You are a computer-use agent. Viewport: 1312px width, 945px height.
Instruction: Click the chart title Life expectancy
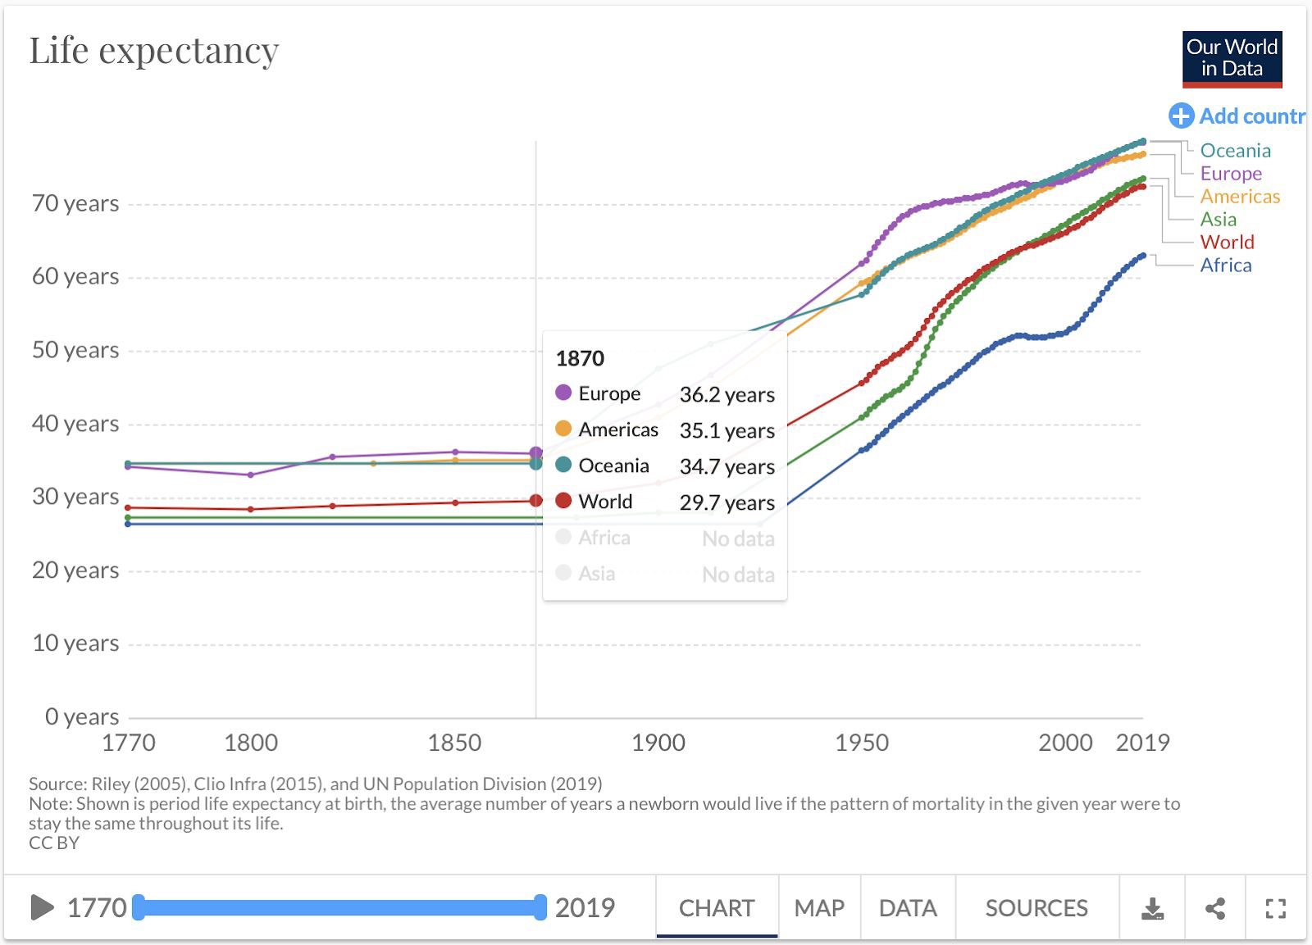pyautogui.click(x=154, y=51)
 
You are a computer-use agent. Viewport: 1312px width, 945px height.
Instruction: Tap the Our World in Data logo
pyautogui.click(x=1232, y=59)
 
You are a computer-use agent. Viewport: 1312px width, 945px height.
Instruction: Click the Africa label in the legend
pyautogui.click(x=1226, y=265)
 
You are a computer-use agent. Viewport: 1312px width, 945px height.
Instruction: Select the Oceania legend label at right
pyautogui.click(x=1235, y=150)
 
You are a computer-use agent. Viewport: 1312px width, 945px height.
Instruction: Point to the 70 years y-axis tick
pyautogui.click(x=75, y=203)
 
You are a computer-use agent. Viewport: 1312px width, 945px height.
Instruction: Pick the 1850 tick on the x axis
pyautogui.click(x=454, y=743)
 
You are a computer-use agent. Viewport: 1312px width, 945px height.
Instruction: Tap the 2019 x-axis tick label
pyautogui.click(x=1142, y=743)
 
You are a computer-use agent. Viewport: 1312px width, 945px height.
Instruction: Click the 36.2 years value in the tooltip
pyautogui.click(x=727, y=394)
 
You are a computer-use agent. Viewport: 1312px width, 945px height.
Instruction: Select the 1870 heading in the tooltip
pyautogui.click(x=580, y=358)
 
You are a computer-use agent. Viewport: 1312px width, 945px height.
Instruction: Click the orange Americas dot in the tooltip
pyautogui.click(x=563, y=429)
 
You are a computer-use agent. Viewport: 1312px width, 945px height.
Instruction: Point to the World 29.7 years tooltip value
pyautogui.click(x=727, y=502)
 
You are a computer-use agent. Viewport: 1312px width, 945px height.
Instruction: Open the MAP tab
pyautogui.click(x=819, y=907)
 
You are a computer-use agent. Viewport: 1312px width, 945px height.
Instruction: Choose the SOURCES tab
pyautogui.click(x=1036, y=907)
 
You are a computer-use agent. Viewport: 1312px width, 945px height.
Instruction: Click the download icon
pyautogui.click(x=1152, y=908)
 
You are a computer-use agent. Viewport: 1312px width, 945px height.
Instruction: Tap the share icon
pyautogui.click(x=1215, y=908)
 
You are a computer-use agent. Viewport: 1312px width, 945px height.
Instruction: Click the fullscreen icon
pyautogui.click(x=1275, y=908)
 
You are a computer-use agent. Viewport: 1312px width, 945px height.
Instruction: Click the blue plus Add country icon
pyautogui.click(x=1181, y=116)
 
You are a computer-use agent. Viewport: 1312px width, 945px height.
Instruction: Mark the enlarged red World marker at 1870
pyautogui.click(x=536, y=500)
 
